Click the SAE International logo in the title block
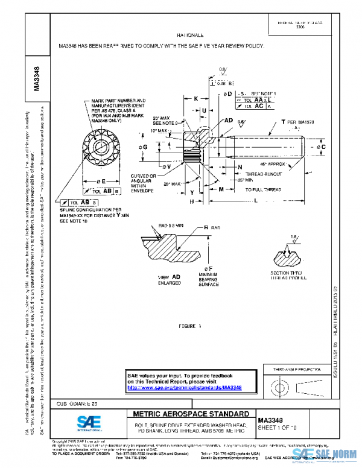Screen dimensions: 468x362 (x=89, y=423)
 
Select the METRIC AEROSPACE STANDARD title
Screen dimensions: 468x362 (x=189, y=414)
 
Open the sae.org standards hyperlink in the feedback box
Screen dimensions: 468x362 (x=184, y=388)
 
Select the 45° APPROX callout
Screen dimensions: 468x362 (x=276, y=164)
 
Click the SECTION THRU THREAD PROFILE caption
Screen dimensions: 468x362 (x=292, y=276)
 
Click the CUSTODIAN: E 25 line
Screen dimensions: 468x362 (x=77, y=402)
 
